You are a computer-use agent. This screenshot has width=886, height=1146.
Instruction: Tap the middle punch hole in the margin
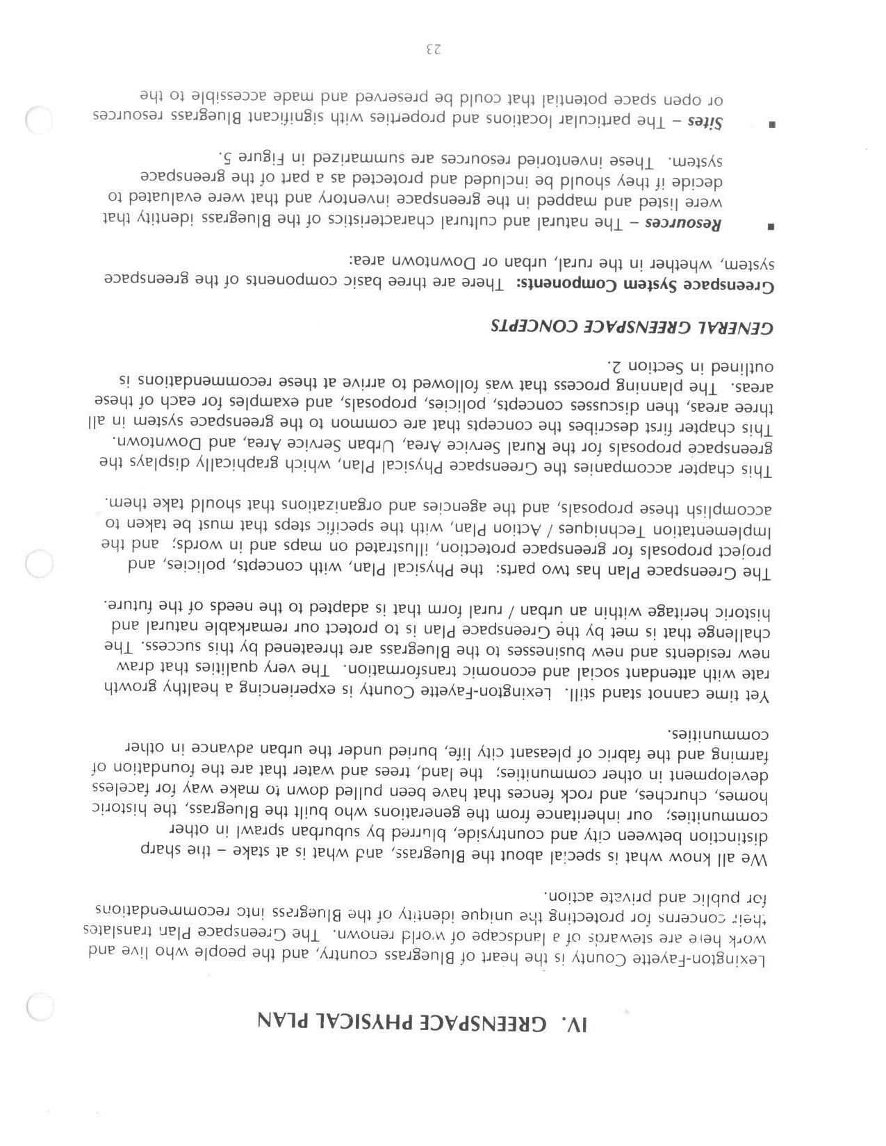click(x=39, y=563)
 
